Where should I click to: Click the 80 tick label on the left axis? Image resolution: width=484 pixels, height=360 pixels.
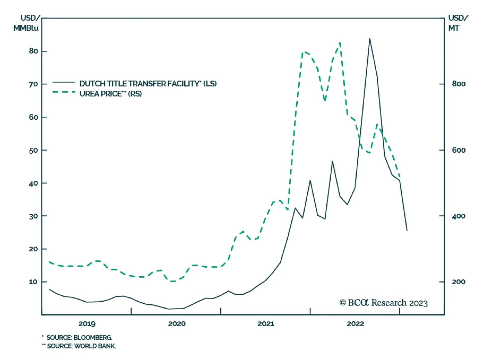pyautogui.click(x=34, y=51)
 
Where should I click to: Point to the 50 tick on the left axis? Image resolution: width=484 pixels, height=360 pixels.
pyautogui.click(x=34, y=150)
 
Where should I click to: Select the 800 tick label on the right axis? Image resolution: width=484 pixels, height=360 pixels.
pyautogui.click(x=459, y=84)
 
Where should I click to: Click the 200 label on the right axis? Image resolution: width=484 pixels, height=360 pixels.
pyautogui.click(x=459, y=282)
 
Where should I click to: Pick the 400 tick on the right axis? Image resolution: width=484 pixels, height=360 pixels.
pyautogui.click(x=459, y=216)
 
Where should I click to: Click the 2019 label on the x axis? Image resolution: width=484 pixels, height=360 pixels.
pyautogui.click(x=87, y=324)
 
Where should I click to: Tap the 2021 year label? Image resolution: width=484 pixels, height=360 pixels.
pyautogui.click(x=266, y=324)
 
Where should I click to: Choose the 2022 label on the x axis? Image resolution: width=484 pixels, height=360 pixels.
pyautogui.click(x=355, y=324)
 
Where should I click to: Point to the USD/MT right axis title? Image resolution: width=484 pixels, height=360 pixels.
pyautogui.click(x=457, y=23)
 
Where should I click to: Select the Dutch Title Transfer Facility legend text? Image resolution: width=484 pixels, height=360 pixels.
pyautogui.click(x=148, y=84)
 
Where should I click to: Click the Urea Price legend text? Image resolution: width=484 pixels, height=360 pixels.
pyautogui.click(x=111, y=94)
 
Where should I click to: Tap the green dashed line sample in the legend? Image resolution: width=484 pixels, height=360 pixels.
pyautogui.click(x=64, y=92)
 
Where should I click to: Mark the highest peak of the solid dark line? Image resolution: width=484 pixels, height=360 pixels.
pyautogui.click(x=370, y=39)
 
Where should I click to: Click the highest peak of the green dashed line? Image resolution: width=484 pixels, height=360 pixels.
pyautogui.click(x=340, y=43)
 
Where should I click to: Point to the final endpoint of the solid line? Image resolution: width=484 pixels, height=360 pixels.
pyautogui.click(x=407, y=231)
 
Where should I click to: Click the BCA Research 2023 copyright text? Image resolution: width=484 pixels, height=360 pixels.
pyautogui.click(x=384, y=303)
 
